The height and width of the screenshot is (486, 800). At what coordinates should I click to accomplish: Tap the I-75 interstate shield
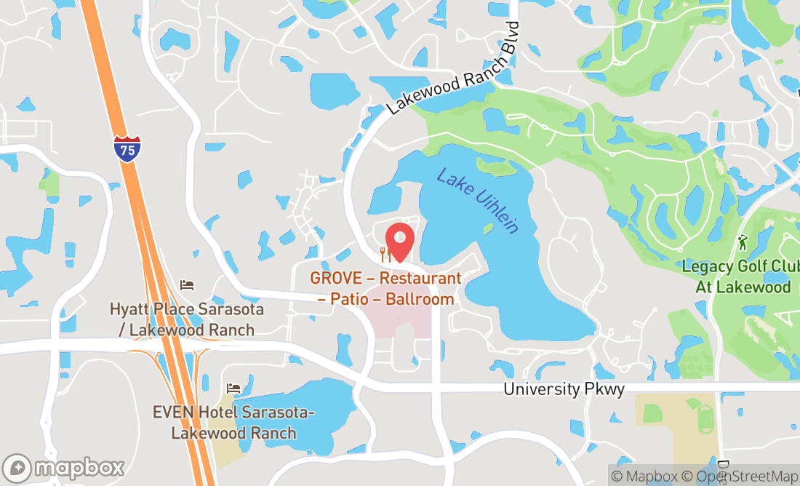point(127,149)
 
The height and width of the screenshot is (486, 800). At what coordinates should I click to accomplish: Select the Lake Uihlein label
point(478,200)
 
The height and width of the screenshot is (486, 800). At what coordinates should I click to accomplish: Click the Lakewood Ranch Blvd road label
point(455,68)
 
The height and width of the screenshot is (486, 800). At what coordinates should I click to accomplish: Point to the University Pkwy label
point(564,389)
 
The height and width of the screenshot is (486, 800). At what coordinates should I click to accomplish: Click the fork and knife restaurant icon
point(386,255)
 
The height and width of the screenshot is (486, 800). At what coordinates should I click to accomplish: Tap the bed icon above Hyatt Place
point(187,284)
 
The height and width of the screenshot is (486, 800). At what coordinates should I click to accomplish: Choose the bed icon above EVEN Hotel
point(233,389)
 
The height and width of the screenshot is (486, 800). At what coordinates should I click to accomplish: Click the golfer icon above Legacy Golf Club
point(742,241)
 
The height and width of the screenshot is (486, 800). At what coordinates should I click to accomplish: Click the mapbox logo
point(63,466)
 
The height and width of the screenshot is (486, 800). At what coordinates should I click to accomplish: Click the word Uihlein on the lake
point(495,212)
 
